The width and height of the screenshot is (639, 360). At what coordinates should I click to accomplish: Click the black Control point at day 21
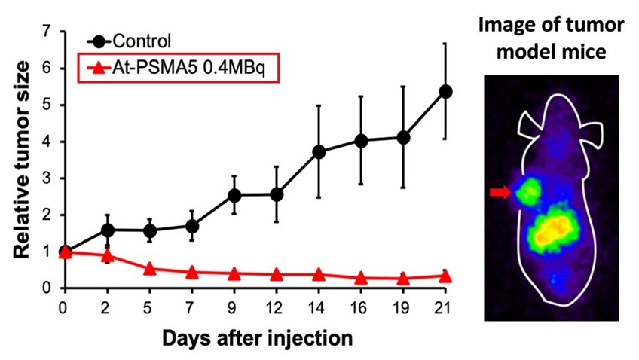pyautogui.click(x=445, y=91)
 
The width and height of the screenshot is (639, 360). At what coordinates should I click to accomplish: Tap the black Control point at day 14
pyautogui.click(x=319, y=151)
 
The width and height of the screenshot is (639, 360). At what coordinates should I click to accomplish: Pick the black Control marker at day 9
pyautogui.click(x=234, y=196)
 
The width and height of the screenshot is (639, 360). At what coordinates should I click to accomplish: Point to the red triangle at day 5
pyautogui.click(x=150, y=269)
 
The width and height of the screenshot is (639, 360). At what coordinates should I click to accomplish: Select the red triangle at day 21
pyautogui.click(x=445, y=276)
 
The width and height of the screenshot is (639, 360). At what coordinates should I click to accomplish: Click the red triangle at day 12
pyautogui.click(x=277, y=275)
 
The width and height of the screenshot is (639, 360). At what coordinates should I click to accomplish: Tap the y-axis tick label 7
pyautogui.click(x=46, y=32)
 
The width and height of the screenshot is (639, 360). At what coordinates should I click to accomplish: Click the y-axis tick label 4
pyautogui.click(x=46, y=142)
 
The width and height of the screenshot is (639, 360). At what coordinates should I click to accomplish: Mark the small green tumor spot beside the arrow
pyautogui.click(x=529, y=191)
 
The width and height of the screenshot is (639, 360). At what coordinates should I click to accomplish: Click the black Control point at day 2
pyautogui.click(x=108, y=230)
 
